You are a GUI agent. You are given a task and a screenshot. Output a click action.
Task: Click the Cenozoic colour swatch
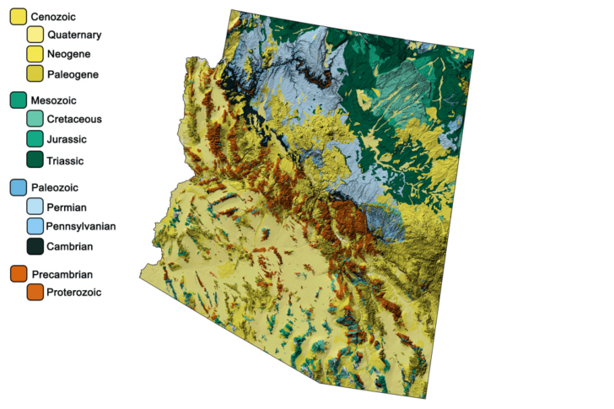pos(18,17)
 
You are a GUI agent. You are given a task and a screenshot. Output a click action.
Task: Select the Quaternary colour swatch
pos(35,35)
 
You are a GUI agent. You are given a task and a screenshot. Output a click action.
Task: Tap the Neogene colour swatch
pos(35,55)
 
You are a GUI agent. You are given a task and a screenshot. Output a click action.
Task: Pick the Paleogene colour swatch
pos(35,74)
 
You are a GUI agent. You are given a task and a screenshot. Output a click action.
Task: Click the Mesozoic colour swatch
pos(18,100)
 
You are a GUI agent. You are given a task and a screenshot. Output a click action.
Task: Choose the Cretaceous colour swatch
pos(35,120)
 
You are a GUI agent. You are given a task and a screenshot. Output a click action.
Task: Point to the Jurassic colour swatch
pos(35,140)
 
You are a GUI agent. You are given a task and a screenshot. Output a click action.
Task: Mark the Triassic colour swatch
pos(35,160)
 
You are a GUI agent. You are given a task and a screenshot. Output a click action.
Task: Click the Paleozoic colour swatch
pos(18,186)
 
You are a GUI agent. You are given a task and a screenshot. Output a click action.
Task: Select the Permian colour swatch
pos(35,207)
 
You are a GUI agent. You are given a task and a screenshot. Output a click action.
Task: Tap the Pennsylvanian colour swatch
pos(35,226)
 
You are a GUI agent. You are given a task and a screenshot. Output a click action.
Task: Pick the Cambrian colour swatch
pos(35,246)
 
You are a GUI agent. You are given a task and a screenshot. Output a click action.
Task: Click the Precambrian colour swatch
pos(18,274)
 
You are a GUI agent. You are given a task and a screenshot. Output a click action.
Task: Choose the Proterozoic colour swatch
pos(35,293)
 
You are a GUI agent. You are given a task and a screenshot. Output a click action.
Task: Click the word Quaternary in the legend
pos(75,35)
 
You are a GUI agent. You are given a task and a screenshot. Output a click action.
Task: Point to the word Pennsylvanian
pos(82,227)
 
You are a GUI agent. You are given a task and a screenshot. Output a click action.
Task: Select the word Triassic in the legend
pos(67,161)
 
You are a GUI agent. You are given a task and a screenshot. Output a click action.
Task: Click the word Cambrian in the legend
pos(70,247)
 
